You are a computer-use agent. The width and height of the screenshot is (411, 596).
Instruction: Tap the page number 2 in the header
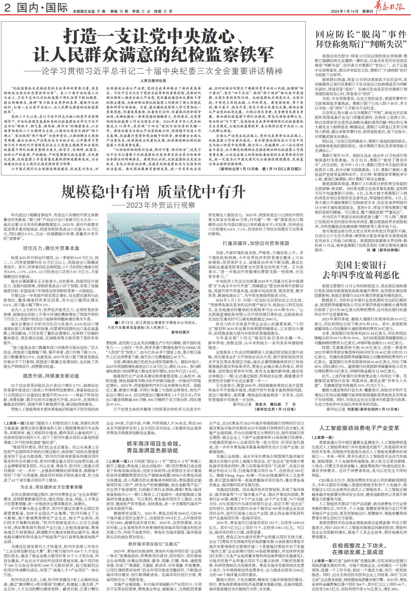tap(8, 8)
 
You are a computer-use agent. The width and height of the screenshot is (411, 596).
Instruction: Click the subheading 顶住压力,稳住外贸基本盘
tap(52, 248)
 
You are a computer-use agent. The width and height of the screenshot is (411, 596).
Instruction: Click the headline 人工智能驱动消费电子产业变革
tap(359, 428)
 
